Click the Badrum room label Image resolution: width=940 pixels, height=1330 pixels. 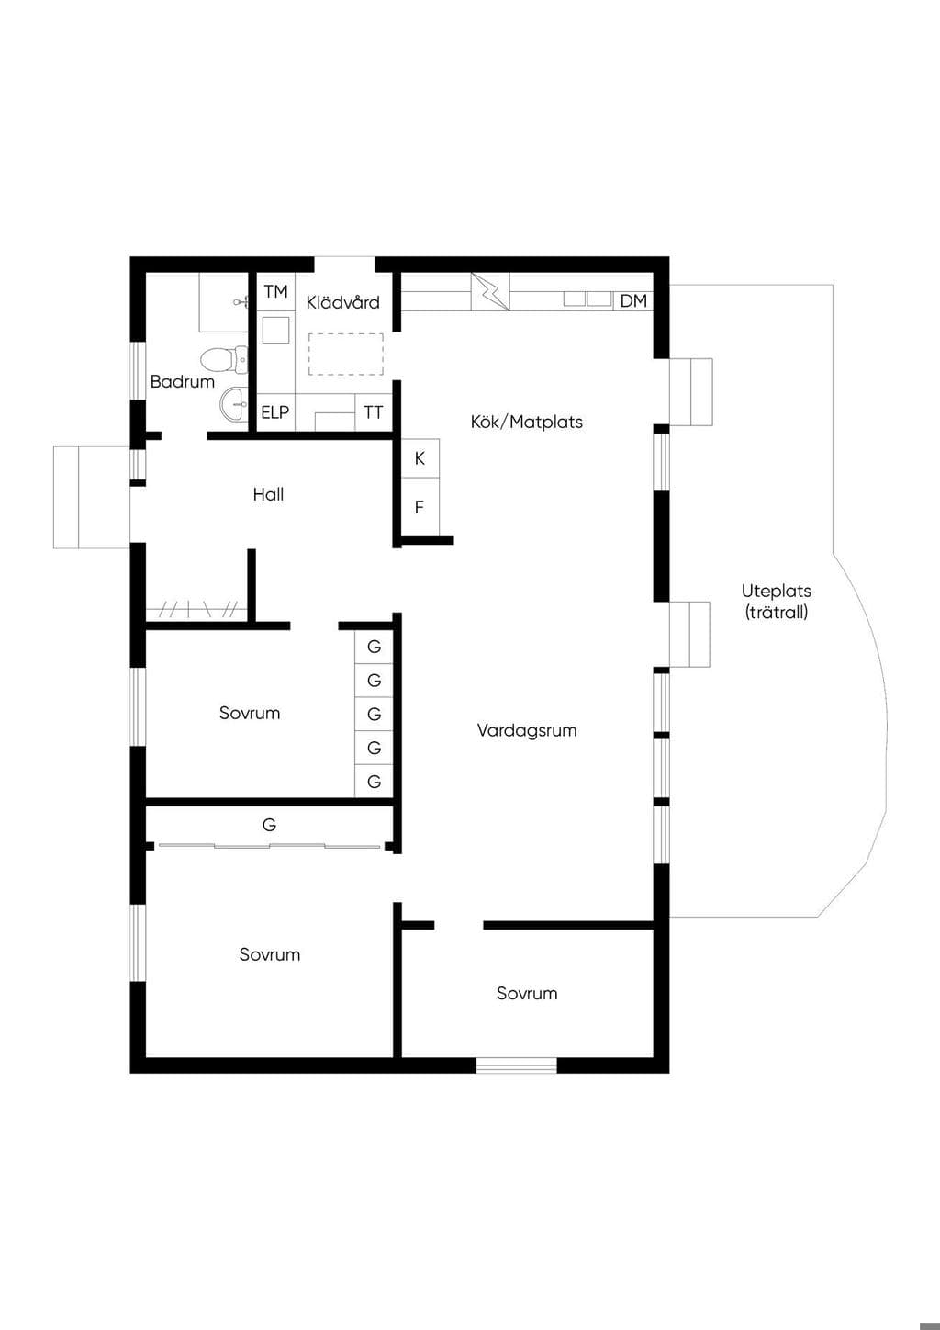(x=182, y=381)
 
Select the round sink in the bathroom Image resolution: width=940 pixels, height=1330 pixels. (x=234, y=404)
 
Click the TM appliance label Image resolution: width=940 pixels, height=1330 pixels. (x=276, y=291)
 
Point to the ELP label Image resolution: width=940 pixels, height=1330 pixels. (x=274, y=412)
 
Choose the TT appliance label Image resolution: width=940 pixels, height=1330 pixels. (x=374, y=412)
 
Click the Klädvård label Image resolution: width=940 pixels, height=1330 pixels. (x=343, y=302)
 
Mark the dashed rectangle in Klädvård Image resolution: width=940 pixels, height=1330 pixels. (x=345, y=354)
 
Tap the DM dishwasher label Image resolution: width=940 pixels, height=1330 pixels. (x=633, y=301)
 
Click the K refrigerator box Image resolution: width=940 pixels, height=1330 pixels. (x=420, y=458)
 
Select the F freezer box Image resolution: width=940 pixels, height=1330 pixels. (x=420, y=507)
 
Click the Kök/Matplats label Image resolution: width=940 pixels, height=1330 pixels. (x=526, y=422)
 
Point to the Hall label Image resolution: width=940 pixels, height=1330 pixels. (x=268, y=494)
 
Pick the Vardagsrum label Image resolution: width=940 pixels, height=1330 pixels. (x=527, y=730)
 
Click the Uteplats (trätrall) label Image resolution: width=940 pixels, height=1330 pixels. (x=777, y=601)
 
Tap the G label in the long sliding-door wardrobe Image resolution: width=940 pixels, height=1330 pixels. (x=269, y=824)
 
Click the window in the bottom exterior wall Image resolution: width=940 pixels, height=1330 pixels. (x=516, y=1065)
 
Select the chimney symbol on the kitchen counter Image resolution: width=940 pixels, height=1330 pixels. (x=491, y=291)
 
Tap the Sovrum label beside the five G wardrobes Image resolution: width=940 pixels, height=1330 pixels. (x=250, y=713)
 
